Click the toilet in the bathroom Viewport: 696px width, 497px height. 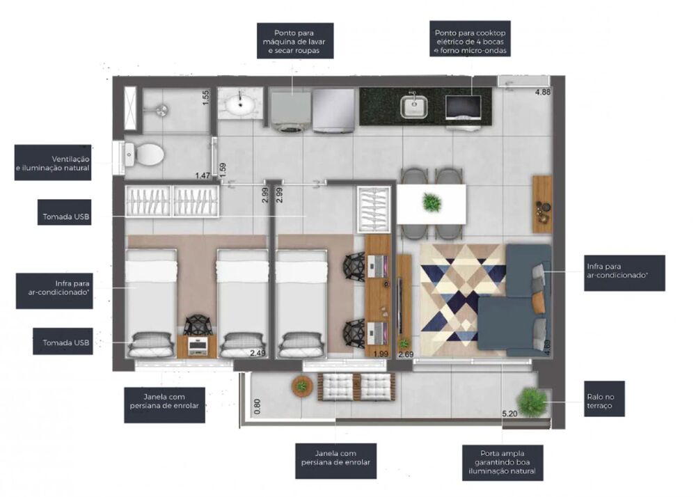147,155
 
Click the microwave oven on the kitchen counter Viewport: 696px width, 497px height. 463,108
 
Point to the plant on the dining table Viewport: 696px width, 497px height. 432,203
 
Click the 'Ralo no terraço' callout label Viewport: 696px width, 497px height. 599,402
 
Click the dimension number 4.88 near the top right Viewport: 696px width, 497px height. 542,93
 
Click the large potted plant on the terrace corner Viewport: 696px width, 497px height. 532,401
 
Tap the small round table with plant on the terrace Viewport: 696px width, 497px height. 302,386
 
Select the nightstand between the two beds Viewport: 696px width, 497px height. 196,345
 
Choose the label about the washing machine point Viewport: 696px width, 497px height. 295,41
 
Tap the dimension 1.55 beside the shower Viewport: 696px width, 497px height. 206,97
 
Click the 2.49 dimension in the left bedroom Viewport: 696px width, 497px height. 258,354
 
